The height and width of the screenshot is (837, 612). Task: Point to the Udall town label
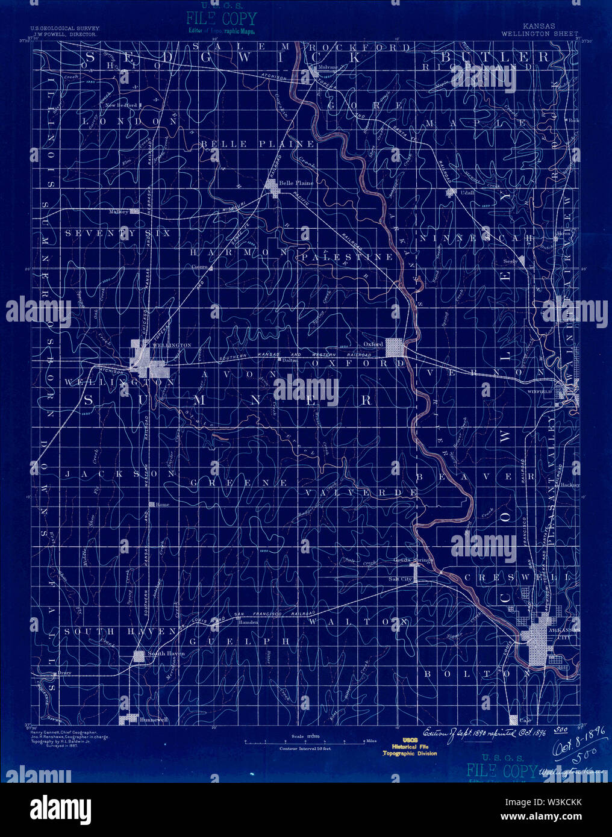coord(467,191)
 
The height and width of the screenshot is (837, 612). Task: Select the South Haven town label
coord(166,653)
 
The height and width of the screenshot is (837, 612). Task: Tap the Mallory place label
coord(119,212)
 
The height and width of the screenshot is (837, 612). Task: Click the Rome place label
coord(163,505)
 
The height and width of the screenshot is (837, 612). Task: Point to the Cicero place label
coord(199,266)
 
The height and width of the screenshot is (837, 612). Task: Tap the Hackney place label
coord(570,484)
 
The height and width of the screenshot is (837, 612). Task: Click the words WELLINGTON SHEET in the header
coord(539,34)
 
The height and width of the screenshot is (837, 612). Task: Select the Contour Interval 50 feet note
coord(305,748)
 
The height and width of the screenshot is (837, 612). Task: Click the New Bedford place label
coord(122,105)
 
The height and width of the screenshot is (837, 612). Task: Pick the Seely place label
coord(510,262)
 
